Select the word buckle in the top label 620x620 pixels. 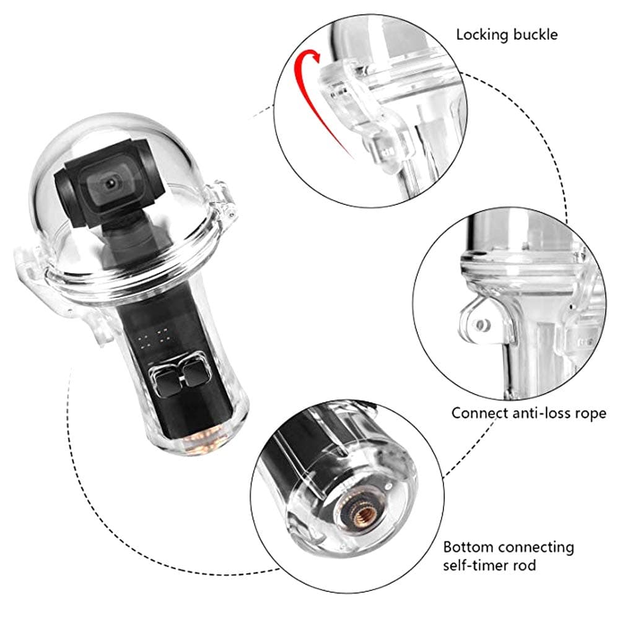[534, 34]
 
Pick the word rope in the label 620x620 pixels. [592, 413]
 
